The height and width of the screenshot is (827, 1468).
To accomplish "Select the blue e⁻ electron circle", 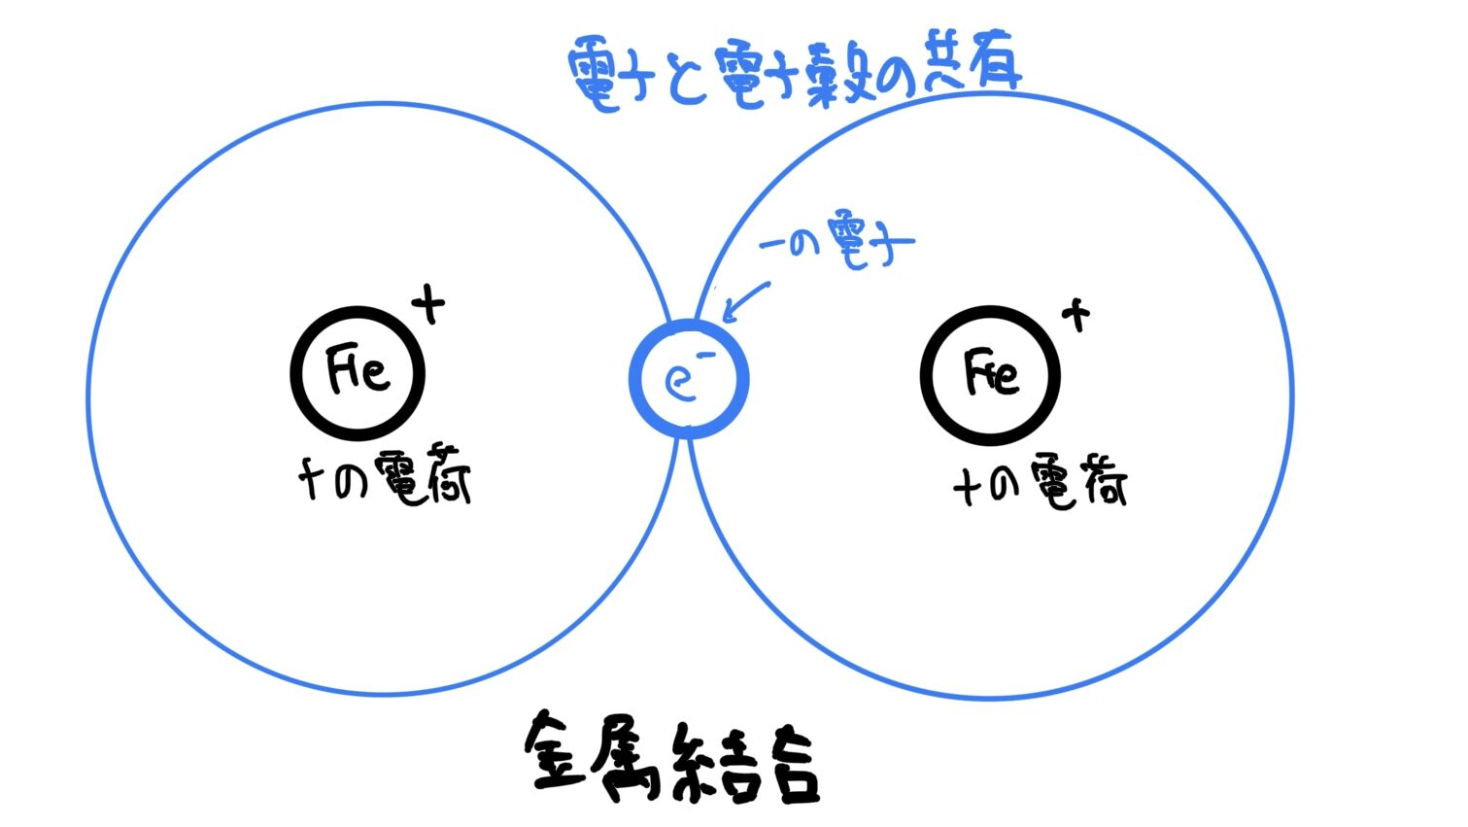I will pyautogui.click(x=689, y=378).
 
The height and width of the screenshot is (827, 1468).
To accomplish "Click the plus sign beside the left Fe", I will pyautogui.click(x=428, y=306).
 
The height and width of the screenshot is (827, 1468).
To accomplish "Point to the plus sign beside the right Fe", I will pyautogui.click(x=1075, y=315).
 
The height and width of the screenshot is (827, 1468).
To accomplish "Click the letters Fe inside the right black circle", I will pyautogui.click(x=991, y=373).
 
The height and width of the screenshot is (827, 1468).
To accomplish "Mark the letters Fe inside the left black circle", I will pyautogui.click(x=357, y=369).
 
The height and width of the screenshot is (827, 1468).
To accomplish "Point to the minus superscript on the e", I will pyautogui.click(x=706, y=356).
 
